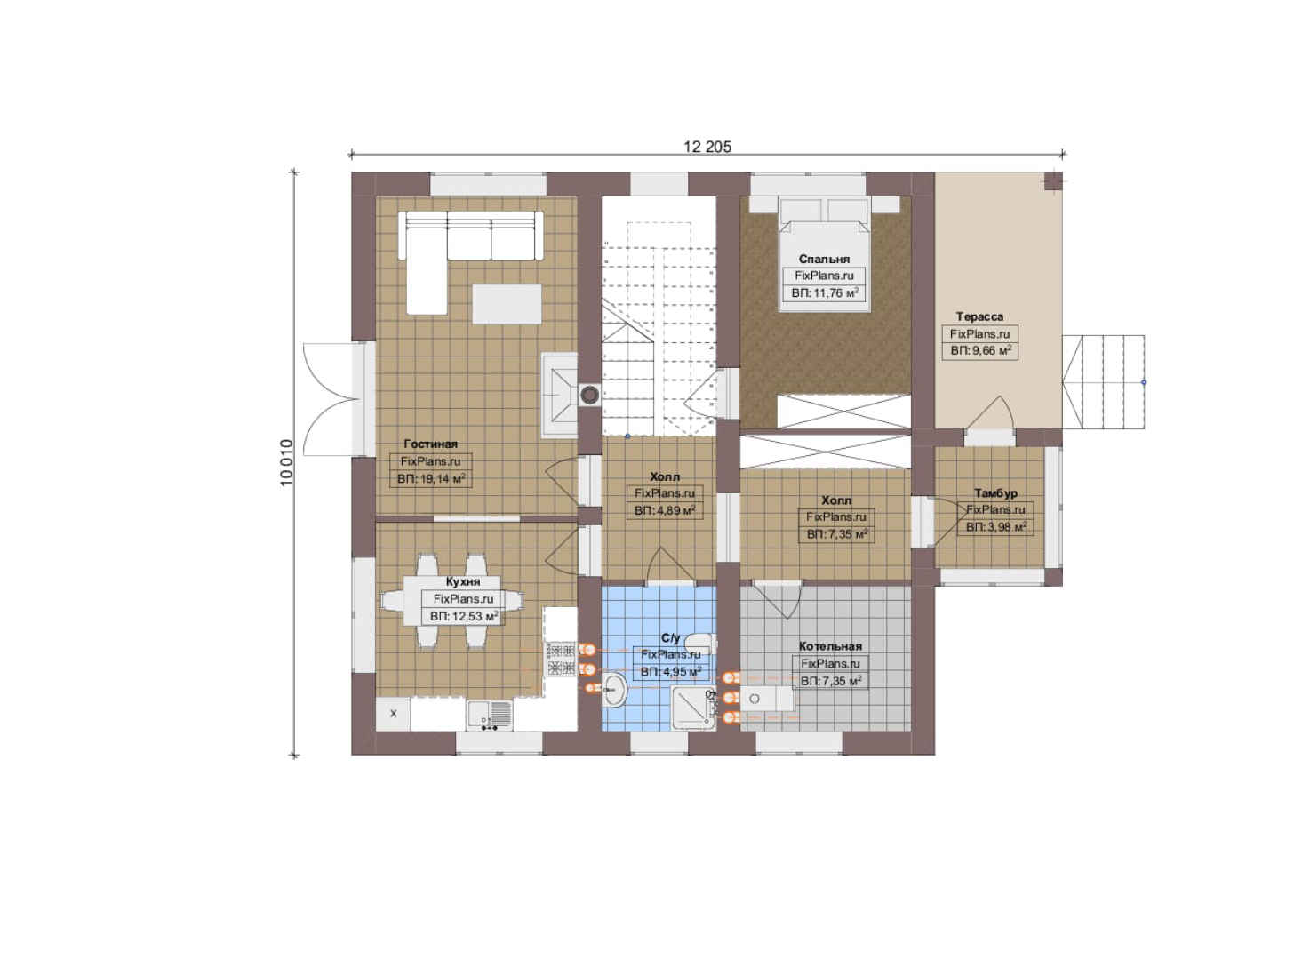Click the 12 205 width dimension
pyautogui.click(x=707, y=147)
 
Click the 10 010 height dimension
pyautogui.click(x=286, y=463)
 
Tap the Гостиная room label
pyautogui.click(x=430, y=444)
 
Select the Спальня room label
pyautogui.click(x=824, y=259)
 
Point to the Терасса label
pyautogui.click(x=979, y=316)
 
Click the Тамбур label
pyautogui.click(x=995, y=493)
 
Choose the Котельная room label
pyautogui.click(x=830, y=646)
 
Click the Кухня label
pyautogui.click(x=463, y=581)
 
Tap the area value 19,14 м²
pyautogui.click(x=431, y=479)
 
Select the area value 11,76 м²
pyautogui.click(x=825, y=293)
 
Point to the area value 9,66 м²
pyautogui.click(x=980, y=350)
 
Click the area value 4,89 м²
pyautogui.click(x=665, y=510)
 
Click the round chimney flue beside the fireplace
pyautogui.click(x=589, y=396)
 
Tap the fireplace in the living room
pyautogui.click(x=560, y=395)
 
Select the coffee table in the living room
pyautogui.click(x=507, y=304)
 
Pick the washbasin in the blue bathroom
pyautogui.click(x=613, y=690)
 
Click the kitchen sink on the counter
pyautogui.click(x=490, y=715)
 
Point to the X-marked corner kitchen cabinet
pyautogui.click(x=393, y=714)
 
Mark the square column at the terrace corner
pyautogui.click(x=1053, y=181)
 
